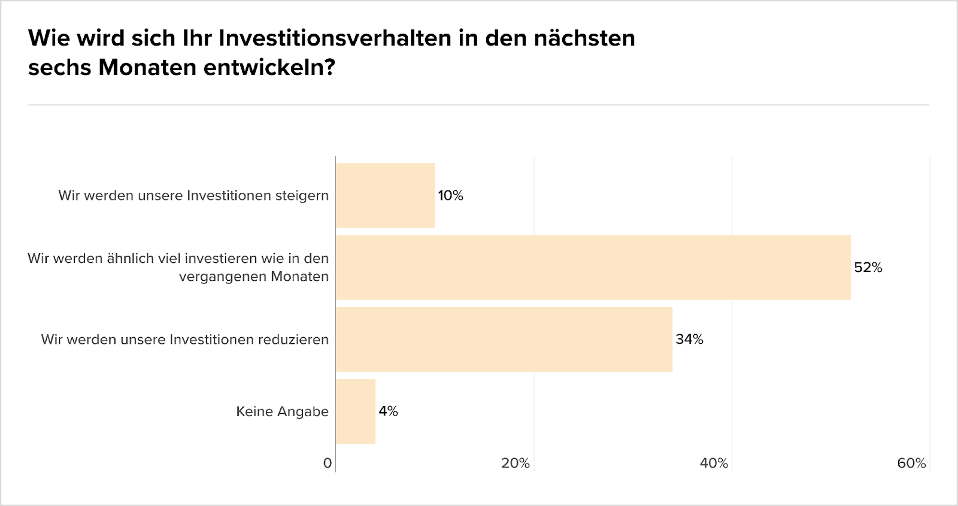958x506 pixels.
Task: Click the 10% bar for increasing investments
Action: [x=385, y=195]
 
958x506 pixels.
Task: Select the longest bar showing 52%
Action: [x=593, y=267]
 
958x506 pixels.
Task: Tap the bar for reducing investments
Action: [x=504, y=340]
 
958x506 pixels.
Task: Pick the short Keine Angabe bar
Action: [x=356, y=411]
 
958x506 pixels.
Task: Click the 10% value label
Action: [x=450, y=196]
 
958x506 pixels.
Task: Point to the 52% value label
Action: [x=868, y=268]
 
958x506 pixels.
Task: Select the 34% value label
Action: [x=689, y=340]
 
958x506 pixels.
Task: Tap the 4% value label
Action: [x=388, y=411]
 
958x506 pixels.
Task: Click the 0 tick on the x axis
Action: [x=327, y=463]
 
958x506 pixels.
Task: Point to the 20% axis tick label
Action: [x=515, y=463]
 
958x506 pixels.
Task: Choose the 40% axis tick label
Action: [x=714, y=463]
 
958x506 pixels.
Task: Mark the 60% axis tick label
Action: [x=911, y=463]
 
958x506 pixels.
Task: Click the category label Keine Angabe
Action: [x=282, y=411]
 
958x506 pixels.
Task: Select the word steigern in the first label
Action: [x=302, y=196]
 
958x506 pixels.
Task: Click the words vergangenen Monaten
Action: [x=254, y=277]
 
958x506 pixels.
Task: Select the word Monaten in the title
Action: [x=147, y=67]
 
